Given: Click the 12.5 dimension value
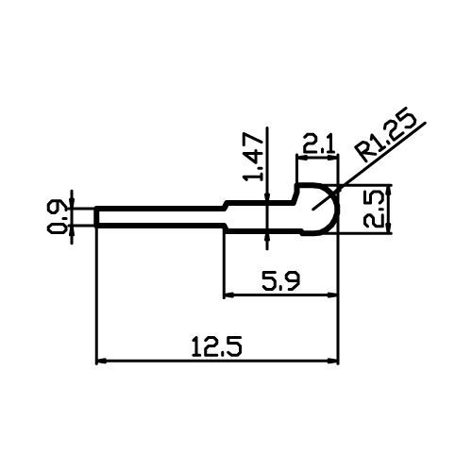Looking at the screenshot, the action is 217,346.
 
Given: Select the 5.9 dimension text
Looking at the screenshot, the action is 281,280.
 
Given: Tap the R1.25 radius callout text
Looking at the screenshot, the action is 385,135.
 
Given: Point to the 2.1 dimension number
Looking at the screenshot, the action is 317,144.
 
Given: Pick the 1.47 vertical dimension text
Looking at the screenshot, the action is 253,157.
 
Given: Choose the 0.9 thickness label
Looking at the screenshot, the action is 57,216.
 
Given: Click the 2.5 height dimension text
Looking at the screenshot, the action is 374,210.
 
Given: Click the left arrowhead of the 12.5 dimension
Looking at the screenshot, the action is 101,362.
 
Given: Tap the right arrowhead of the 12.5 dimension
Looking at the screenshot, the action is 333,362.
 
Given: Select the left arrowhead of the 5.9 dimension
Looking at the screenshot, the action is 228,295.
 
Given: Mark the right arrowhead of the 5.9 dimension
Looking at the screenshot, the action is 333,295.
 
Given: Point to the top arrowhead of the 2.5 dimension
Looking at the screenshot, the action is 390,190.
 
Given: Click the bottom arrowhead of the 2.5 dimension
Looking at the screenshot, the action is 390,228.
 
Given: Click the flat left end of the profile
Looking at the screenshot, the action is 96,216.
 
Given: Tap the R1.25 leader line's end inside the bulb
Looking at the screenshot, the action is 312,210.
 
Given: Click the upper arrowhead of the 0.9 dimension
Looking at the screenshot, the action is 72,203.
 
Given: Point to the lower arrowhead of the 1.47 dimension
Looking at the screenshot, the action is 267,239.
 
